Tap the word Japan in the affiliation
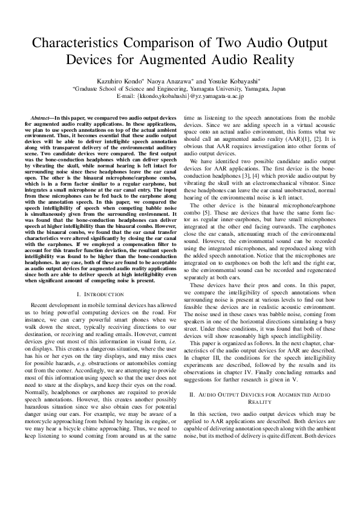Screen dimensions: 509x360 [x=278, y=88]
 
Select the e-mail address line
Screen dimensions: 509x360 [x=180, y=96]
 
